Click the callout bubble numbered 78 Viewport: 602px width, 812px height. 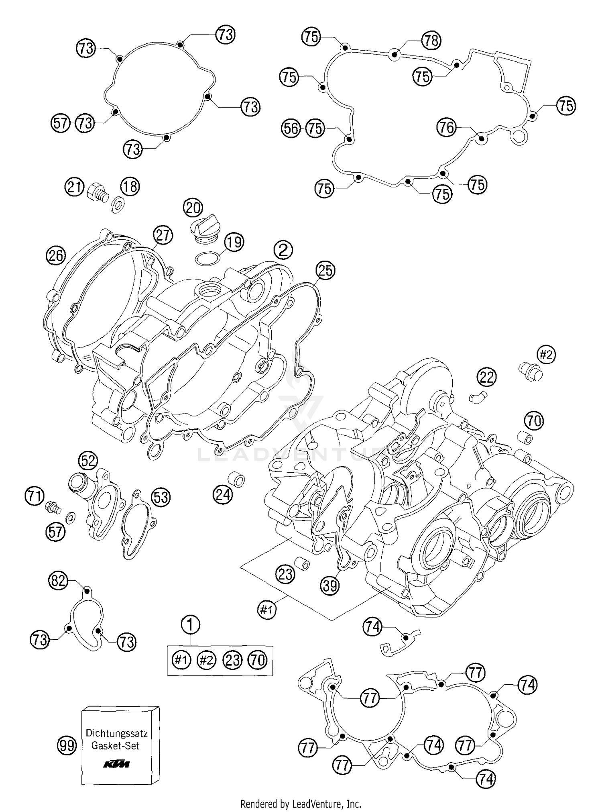(431, 41)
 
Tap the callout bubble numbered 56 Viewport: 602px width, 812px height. (291, 129)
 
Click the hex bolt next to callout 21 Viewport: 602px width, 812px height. (97, 191)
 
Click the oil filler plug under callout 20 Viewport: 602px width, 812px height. (205, 228)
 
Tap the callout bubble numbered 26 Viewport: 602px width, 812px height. (56, 255)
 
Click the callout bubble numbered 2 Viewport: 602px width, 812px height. (283, 250)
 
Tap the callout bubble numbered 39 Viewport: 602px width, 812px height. (330, 586)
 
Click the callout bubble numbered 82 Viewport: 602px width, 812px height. (58, 581)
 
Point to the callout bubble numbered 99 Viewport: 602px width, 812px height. (66, 745)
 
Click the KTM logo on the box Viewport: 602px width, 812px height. (116, 764)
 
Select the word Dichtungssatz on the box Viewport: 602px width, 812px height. (117, 733)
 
